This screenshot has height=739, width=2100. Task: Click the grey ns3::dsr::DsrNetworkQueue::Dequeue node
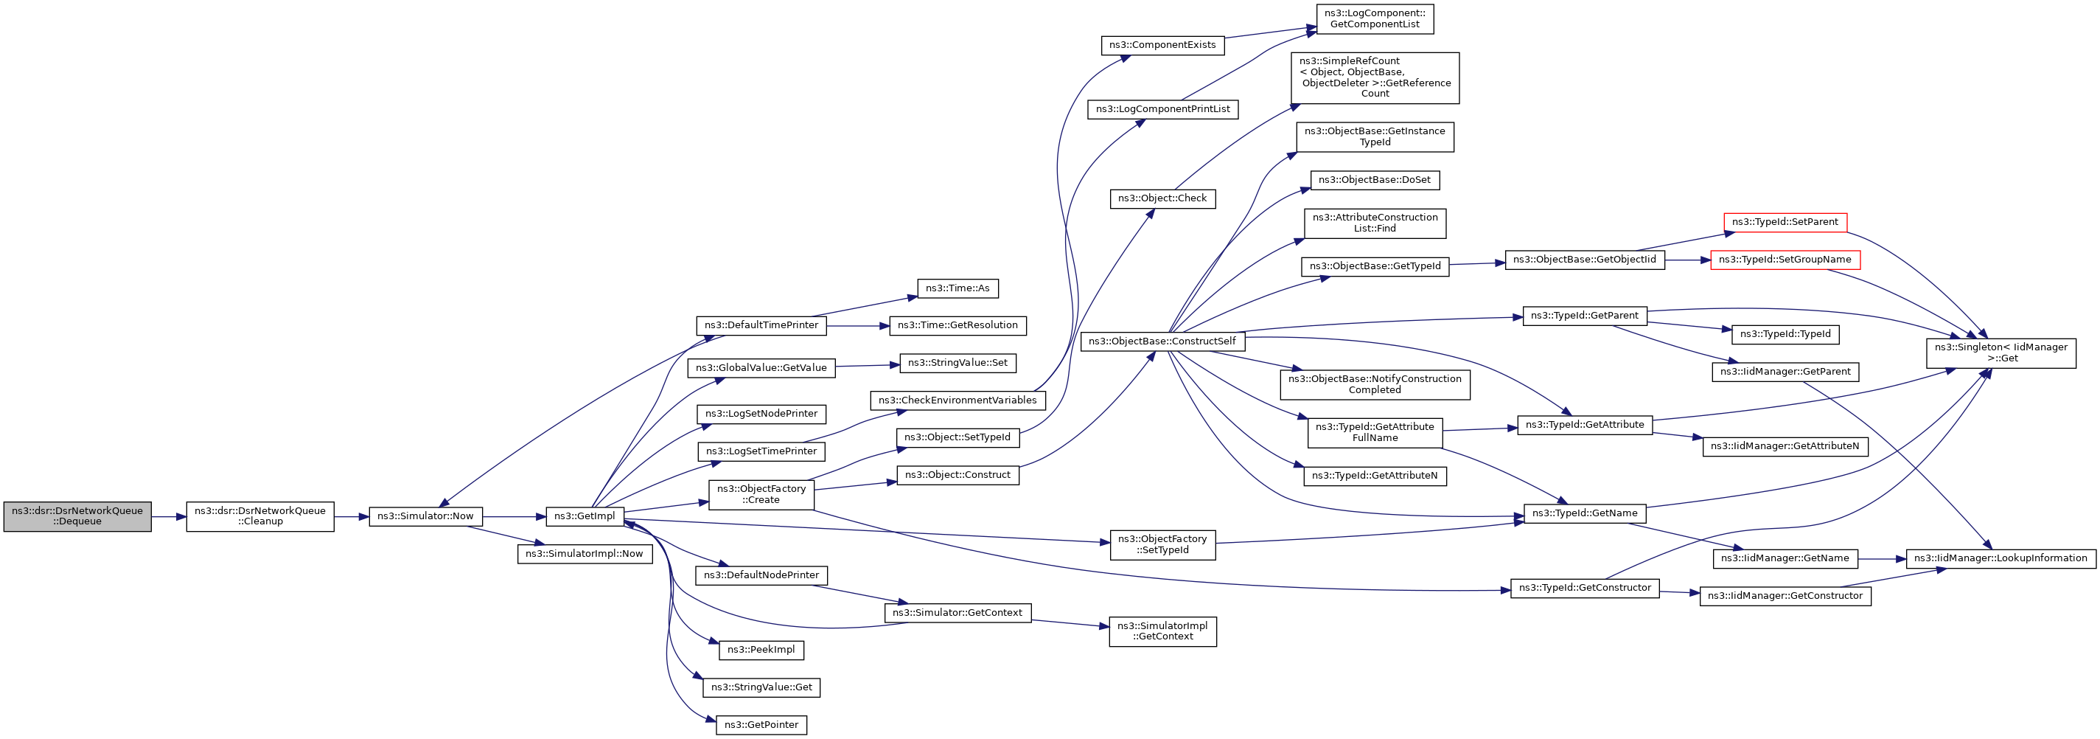[77, 516]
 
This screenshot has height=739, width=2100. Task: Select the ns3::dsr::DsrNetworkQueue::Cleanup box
[260, 516]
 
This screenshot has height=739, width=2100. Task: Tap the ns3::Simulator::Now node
[425, 516]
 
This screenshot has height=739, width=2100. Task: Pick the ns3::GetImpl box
[585, 516]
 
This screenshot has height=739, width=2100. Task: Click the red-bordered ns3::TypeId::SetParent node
[1785, 222]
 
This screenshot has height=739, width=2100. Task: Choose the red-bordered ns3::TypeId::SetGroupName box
[1785, 260]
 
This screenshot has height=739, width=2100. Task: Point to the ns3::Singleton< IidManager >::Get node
[2000, 353]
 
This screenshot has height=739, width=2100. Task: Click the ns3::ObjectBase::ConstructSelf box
[1162, 341]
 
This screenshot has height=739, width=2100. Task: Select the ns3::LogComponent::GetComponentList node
[1375, 18]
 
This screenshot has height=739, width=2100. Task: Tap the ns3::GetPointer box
[761, 725]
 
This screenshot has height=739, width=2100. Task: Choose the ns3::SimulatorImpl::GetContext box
[1162, 631]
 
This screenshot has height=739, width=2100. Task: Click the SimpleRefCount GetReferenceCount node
[1375, 78]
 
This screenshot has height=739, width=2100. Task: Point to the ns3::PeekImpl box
[761, 650]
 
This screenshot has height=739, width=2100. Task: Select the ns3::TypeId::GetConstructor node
[1585, 588]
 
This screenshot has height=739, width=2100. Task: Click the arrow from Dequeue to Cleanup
[169, 516]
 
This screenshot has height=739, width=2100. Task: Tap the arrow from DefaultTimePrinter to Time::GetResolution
[857, 326]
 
